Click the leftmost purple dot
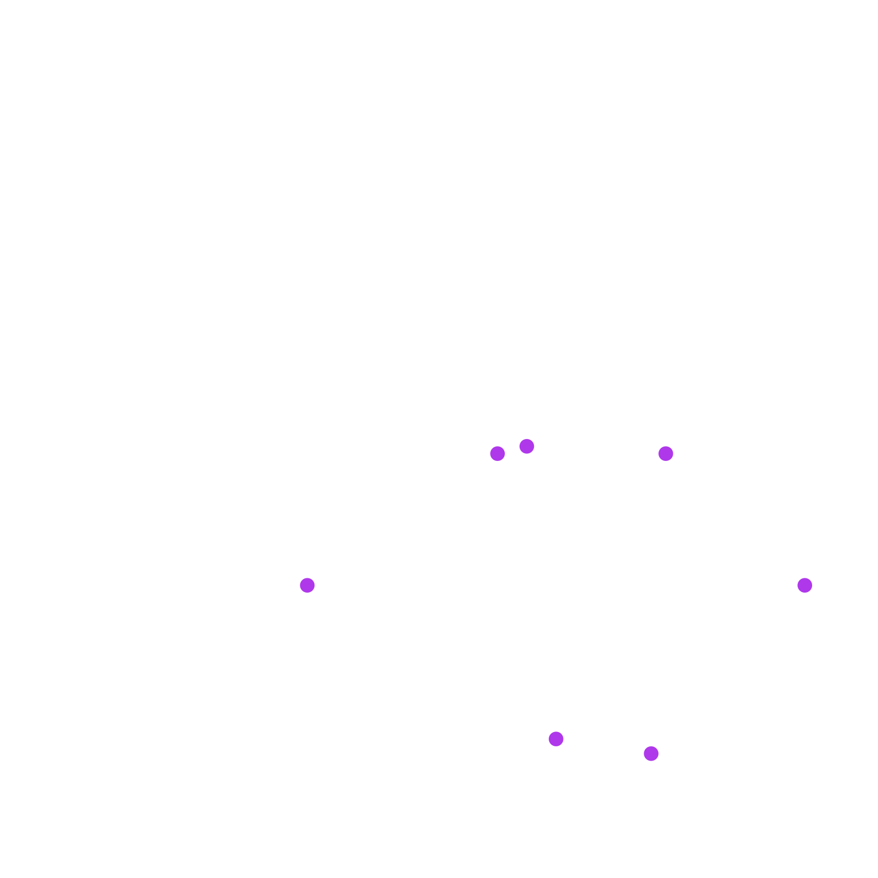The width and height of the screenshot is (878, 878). (307, 585)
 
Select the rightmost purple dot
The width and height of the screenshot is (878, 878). (804, 585)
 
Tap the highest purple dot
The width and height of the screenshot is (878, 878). (527, 446)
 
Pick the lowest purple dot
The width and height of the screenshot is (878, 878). (651, 753)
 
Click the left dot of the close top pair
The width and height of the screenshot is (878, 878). (497, 453)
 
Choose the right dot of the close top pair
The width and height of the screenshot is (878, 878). (527, 446)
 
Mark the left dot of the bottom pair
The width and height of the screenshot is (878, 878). (556, 739)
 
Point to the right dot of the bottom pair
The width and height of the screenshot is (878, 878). (651, 753)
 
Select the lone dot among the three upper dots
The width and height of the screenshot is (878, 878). (666, 453)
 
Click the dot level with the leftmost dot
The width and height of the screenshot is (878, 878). (804, 585)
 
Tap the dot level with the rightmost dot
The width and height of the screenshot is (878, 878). (307, 585)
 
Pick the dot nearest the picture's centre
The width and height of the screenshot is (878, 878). (497, 453)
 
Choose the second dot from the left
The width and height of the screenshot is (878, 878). (497, 453)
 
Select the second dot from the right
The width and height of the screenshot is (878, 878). (666, 453)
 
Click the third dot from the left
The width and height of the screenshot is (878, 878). (527, 446)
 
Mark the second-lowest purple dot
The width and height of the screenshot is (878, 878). (556, 739)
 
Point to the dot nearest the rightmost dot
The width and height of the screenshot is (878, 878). (666, 453)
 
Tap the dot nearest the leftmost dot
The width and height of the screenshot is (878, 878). (497, 453)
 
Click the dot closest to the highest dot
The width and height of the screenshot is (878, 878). (497, 453)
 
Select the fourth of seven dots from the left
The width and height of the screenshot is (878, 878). (556, 739)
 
